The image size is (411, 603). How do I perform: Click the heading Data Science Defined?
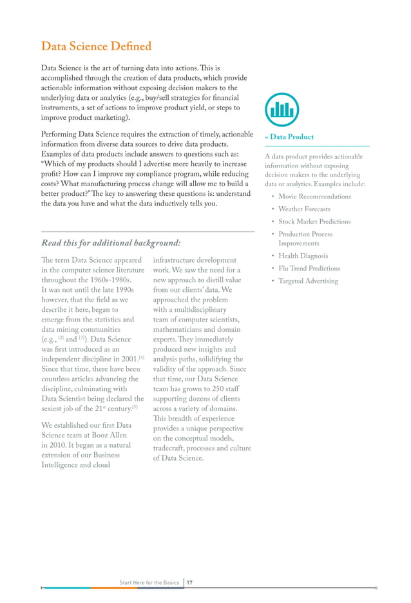coord(96,46)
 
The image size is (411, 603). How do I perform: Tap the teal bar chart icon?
coord(282,109)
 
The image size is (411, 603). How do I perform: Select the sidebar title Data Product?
coord(292,137)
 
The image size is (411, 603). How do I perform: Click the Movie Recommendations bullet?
coord(314,196)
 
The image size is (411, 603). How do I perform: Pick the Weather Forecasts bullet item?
coord(304,209)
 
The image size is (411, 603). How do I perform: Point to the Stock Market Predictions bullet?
coord(314,222)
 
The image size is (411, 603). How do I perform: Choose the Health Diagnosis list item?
coord(303,256)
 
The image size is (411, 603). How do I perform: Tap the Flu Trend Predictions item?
coord(309,269)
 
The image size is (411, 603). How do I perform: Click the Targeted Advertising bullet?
coord(308,281)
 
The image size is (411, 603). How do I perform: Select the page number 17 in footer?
coord(190,582)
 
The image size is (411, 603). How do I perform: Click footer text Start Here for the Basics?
coord(149,582)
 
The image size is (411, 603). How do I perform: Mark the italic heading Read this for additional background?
coord(111,243)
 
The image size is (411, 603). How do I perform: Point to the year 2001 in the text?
coord(125,359)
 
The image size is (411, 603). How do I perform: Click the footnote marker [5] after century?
coord(134,407)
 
